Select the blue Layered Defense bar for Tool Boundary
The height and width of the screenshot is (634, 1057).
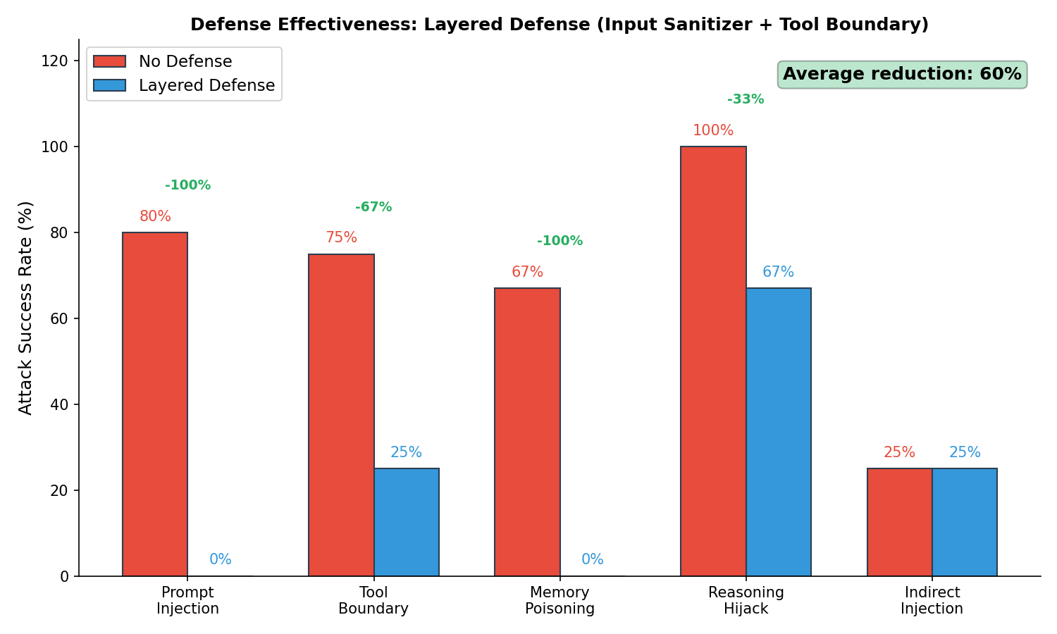point(406,522)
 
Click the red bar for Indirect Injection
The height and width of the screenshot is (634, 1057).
point(899,522)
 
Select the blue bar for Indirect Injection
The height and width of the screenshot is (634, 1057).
point(964,522)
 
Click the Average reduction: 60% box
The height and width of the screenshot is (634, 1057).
point(902,74)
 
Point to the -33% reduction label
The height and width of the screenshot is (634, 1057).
point(746,99)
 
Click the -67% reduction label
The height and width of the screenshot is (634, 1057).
point(373,207)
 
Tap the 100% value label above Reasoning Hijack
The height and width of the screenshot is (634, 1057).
point(713,130)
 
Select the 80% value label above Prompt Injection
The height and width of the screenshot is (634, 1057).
point(155,216)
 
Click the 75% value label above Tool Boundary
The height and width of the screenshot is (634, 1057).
point(341,237)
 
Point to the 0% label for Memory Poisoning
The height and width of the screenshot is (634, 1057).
point(592,559)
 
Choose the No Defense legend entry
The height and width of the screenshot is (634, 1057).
point(185,61)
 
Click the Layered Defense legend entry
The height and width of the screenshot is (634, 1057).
point(206,85)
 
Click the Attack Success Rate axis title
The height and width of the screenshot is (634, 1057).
point(25,308)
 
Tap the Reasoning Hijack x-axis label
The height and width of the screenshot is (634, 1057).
point(746,600)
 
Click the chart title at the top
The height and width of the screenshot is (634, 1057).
point(560,25)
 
